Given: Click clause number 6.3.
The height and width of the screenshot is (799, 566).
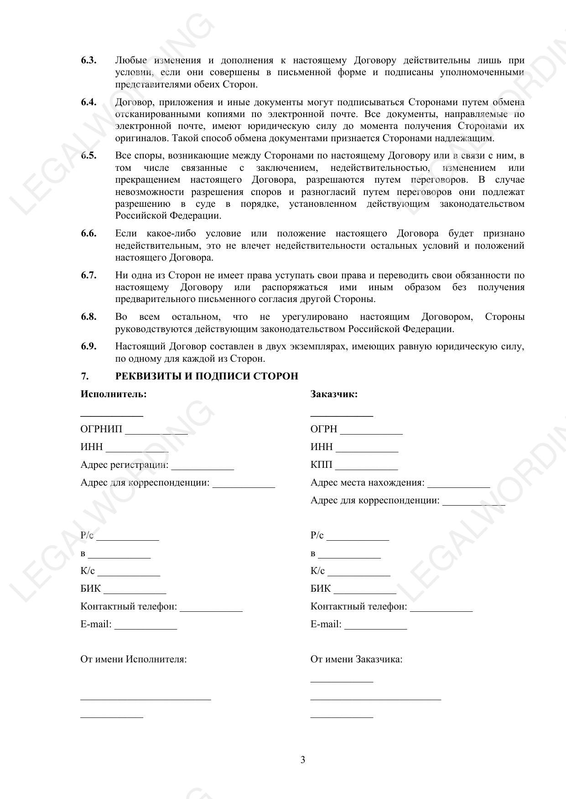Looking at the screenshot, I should pos(88,60).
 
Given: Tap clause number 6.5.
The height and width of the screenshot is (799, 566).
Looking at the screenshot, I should pos(88,155).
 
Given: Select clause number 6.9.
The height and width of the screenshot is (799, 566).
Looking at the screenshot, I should pos(88,346).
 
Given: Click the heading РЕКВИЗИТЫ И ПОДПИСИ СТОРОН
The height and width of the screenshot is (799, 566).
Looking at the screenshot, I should pos(207,376).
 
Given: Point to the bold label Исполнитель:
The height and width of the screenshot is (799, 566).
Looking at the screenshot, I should pos(114,394).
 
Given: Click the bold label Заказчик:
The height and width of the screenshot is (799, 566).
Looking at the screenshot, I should pos(334,394).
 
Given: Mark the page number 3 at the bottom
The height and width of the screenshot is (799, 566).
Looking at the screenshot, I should pos(303,760).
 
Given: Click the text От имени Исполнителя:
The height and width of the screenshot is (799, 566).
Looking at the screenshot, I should pos(134,659).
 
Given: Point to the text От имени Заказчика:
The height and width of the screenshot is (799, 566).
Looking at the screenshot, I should pos(356,659).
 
